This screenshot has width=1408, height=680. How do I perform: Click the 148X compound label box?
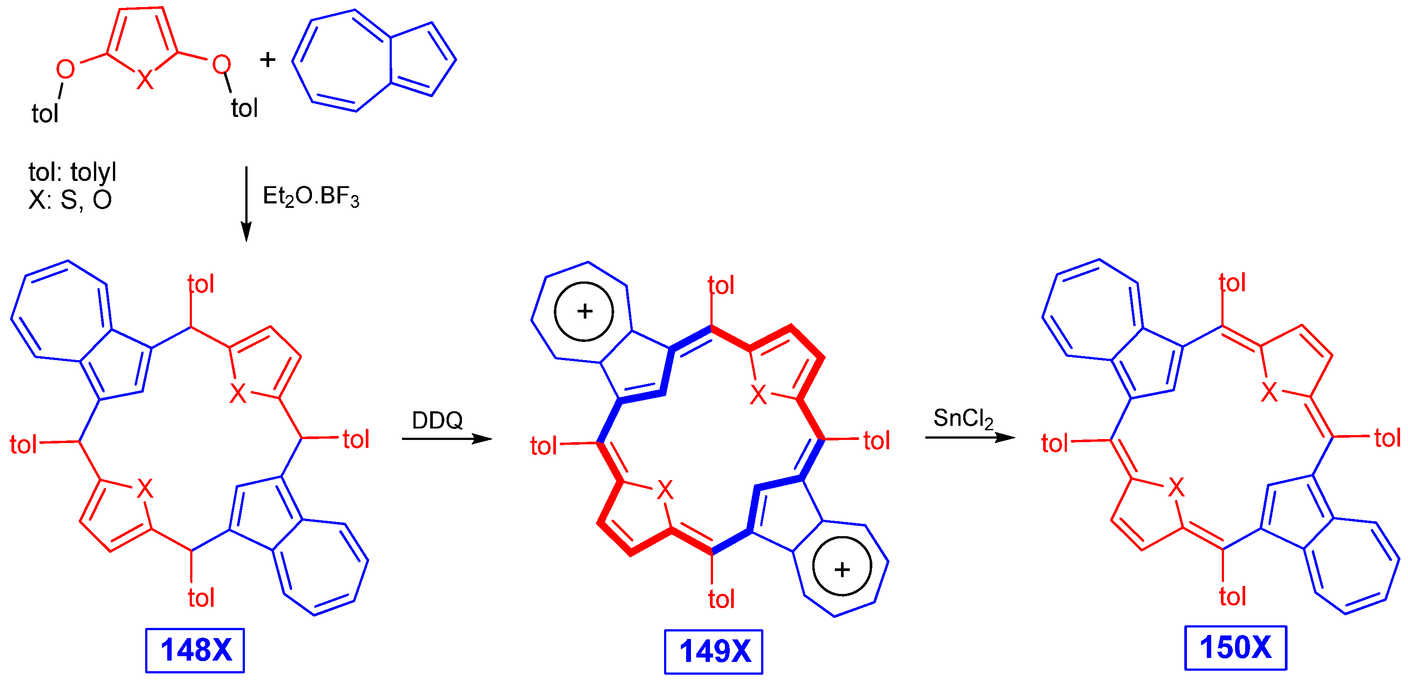[x=195, y=650]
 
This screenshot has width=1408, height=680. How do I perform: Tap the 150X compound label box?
[x=1235, y=648]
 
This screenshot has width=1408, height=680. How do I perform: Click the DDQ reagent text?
[x=437, y=421]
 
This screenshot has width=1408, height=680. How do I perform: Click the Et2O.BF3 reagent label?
[x=311, y=196]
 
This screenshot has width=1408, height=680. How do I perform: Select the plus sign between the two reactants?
[x=267, y=60]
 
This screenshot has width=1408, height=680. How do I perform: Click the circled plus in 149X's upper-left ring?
[x=584, y=312]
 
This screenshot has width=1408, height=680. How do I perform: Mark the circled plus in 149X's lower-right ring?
[x=842, y=570]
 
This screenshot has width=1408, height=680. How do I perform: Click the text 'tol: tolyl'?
[x=72, y=173]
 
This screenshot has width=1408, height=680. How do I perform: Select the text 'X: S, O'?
[x=70, y=200]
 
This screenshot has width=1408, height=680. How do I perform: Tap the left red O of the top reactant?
[x=65, y=69]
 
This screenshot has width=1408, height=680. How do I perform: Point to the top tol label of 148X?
[x=201, y=284]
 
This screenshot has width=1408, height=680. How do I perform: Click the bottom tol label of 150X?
[x=1232, y=596]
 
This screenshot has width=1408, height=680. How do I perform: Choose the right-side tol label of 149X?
[x=876, y=440]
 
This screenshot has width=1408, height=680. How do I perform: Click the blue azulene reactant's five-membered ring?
[x=421, y=60]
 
